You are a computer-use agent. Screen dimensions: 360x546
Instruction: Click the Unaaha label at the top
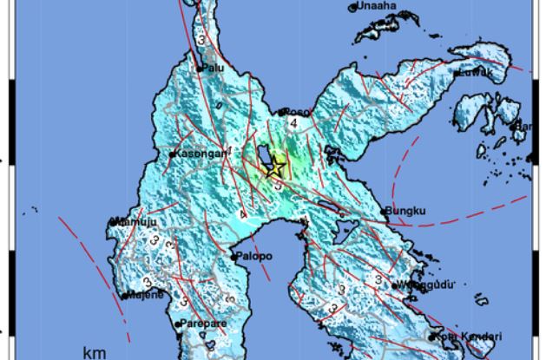[x=375, y=7]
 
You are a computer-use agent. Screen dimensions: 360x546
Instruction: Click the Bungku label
[x=404, y=210]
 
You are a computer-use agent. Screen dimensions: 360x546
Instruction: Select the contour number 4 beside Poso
[x=295, y=124]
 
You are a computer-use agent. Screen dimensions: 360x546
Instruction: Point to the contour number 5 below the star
[x=277, y=185]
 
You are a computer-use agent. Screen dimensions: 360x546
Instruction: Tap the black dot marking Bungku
[x=385, y=210]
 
